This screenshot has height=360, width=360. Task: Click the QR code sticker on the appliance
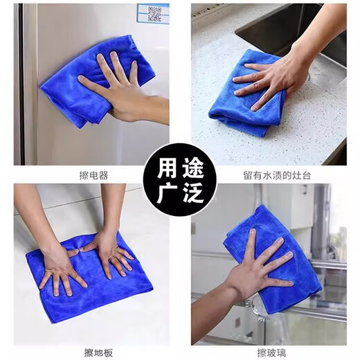[153, 13]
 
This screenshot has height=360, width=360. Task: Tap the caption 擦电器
[93, 175]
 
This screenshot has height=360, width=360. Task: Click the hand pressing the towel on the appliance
[114, 87]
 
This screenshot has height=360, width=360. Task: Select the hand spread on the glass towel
[260, 267]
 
